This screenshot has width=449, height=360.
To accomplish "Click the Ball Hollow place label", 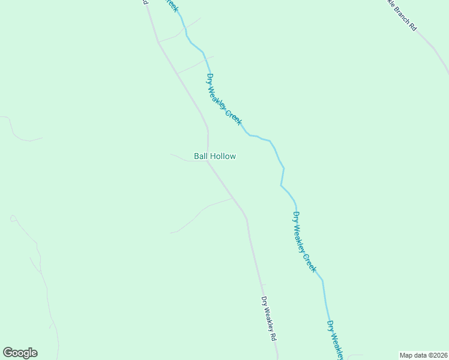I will [214, 156].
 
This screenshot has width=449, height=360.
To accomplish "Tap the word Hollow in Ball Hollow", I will [223, 156].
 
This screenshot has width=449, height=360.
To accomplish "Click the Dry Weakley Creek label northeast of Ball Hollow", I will [224, 100].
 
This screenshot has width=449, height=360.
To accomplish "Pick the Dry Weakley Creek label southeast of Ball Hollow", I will [304, 242].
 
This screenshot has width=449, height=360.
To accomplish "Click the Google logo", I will [20, 353].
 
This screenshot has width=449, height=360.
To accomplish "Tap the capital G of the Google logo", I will [7, 352].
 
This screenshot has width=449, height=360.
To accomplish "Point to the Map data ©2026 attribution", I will [423, 355].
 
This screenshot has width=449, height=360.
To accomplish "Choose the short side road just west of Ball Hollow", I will [180, 158].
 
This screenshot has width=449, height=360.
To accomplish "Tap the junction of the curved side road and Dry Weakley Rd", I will [233, 199].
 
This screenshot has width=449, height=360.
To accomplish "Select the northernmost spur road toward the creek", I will [180, 32].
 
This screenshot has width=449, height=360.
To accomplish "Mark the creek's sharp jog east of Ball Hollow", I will [282, 177].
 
